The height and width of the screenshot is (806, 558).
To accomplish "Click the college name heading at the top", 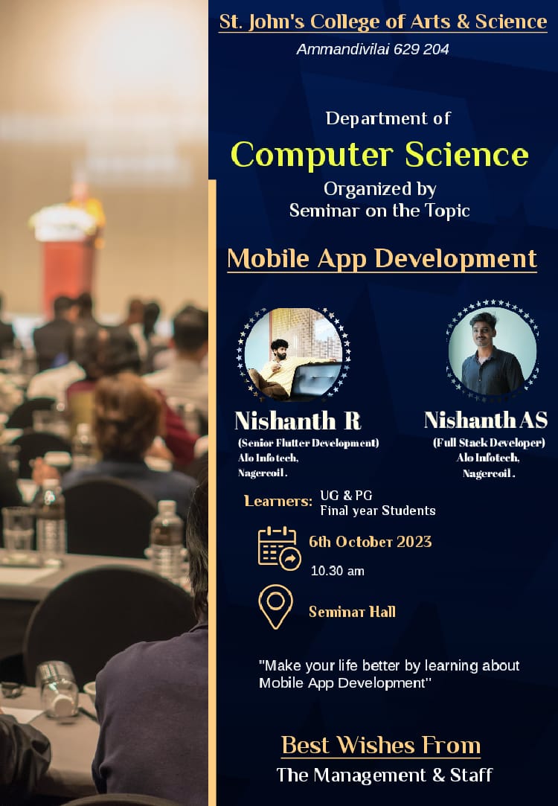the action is point(383,22).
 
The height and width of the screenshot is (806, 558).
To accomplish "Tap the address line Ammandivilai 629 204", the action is point(373,49).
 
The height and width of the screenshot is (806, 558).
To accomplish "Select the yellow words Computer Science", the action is point(379,154).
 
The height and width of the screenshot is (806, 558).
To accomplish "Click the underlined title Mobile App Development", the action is point(382,258).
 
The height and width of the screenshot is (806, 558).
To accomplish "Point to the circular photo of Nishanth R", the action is point(293,354).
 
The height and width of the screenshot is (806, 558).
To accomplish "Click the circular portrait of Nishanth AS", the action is point(493,351).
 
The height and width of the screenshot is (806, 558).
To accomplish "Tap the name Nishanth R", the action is point(298,420).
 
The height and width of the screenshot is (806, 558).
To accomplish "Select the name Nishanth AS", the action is point(486,420).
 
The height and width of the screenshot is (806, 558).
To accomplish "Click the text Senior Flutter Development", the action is point(308,443).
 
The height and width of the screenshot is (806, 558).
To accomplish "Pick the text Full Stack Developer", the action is point(489,443).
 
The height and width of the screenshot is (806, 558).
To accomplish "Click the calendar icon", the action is point(279,548).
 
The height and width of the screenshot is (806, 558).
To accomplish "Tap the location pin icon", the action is point(276,607).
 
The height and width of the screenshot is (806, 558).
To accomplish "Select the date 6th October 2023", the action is point(370,542).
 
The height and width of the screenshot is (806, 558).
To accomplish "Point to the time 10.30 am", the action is point(338,571).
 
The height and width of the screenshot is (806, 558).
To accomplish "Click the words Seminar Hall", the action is point(352,612).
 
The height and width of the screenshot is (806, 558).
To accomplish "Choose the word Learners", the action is point(278,501).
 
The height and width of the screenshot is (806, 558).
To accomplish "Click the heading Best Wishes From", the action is point(381,745).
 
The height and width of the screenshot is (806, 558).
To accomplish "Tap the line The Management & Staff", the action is point(385,775).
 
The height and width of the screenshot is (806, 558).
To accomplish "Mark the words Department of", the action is point(388,119).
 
